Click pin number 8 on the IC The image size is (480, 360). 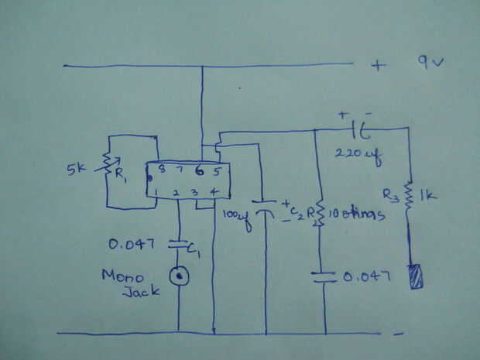click(161, 170)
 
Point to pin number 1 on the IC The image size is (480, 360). click(157, 190)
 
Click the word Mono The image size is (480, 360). click(122, 276)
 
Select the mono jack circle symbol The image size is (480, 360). click(180, 273)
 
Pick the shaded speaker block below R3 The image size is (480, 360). click(416, 276)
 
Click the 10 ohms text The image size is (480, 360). click(357, 214)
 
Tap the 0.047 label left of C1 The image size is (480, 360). click(133, 245)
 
